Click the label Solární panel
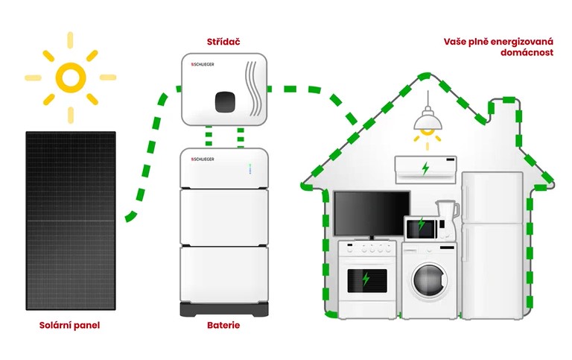pyautogui.click(x=69, y=326)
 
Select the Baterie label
pyautogui.click(x=224, y=326)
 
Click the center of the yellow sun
pyautogui.click(x=71, y=76)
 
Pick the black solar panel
pyautogui.click(x=71, y=221)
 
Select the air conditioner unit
pyautogui.click(x=425, y=168)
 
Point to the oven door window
pyautogui.click(x=366, y=280)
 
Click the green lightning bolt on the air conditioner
pyautogui.click(x=425, y=168)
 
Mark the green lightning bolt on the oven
pyautogui.click(x=366, y=280)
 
